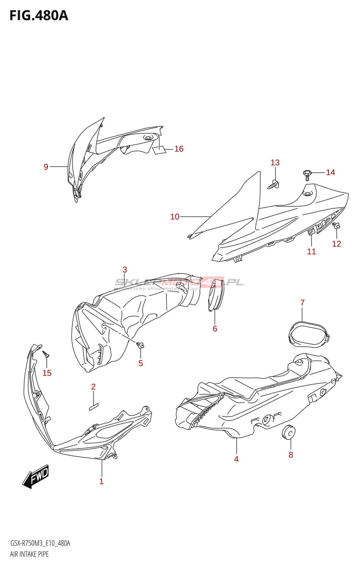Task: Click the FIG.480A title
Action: [x=39, y=16]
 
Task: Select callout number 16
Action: [x=179, y=149]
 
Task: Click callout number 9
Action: [x=46, y=167]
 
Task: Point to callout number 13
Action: [x=275, y=163]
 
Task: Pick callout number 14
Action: [x=330, y=172]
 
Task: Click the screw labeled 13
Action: [x=274, y=184]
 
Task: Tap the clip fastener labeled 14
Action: [x=307, y=174]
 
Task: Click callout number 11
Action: [x=311, y=252]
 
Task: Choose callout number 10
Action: [x=175, y=217]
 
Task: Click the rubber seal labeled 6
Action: [x=216, y=295]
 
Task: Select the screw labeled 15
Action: [x=46, y=354]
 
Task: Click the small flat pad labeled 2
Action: [x=94, y=406]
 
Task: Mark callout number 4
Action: [x=236, y=459]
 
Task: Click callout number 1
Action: [x=101, y=481]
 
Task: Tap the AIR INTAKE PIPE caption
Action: [x=29, y=554]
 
